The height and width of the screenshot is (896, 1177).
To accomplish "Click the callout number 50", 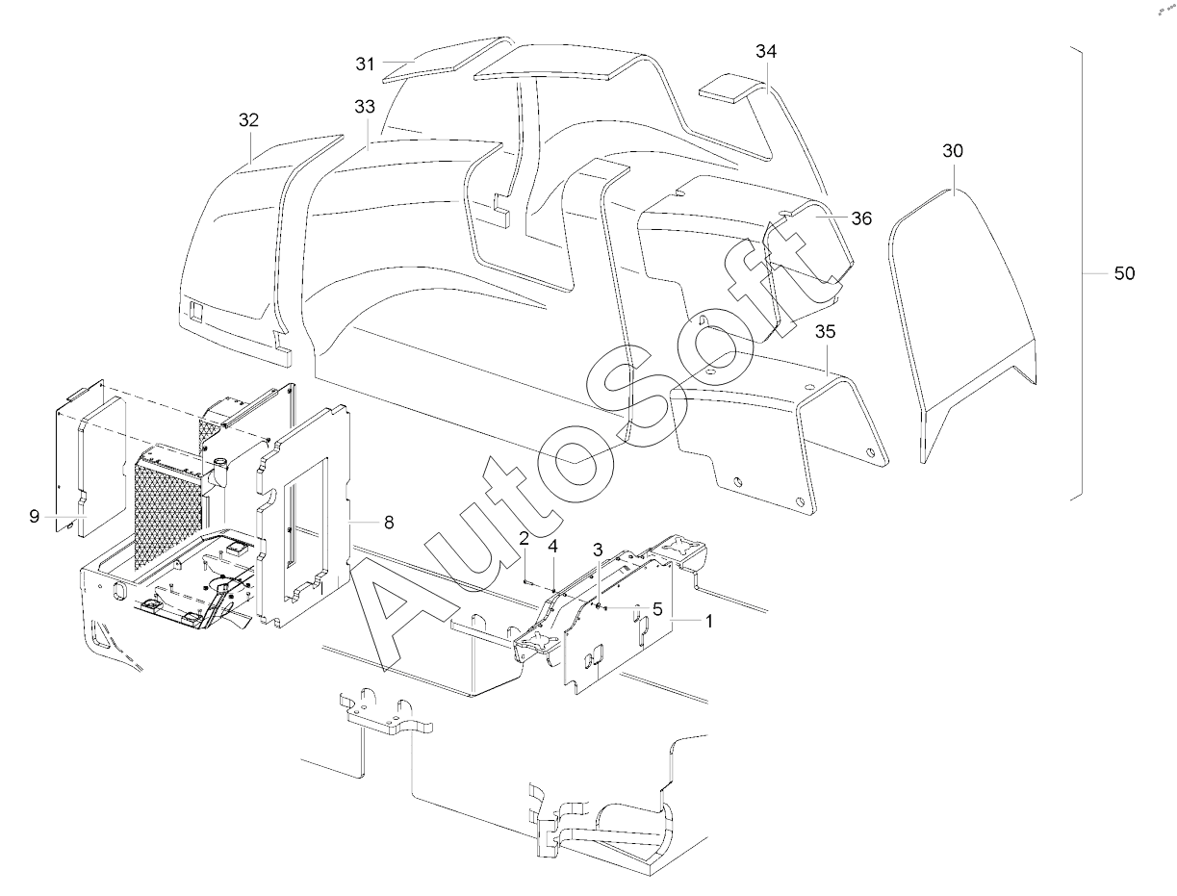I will click(x=1124, y=274).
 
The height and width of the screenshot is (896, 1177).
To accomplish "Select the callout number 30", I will click(x=953, y=152).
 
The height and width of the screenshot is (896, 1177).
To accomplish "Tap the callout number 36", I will click(x=860, y=218).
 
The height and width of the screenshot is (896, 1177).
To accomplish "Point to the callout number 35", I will click(x=825, y=333).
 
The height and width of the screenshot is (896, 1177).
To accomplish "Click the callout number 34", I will click(x=765, y=52).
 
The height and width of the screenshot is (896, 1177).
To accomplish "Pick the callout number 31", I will click(x=364, y=64).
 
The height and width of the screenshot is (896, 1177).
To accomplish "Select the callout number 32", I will click(x=249, y=120).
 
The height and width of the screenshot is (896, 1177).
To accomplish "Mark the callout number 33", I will click(x=364, y=108).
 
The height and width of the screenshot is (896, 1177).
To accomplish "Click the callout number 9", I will click(x=34, y=517).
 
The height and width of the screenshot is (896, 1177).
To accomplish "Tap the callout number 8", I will click(x=388, y=523).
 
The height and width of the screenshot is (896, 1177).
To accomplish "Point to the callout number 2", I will click(x=524, y=537).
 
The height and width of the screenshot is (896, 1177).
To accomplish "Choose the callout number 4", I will click(x=552, y=547).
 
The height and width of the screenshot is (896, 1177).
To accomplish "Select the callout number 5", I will click(x=657, y=608).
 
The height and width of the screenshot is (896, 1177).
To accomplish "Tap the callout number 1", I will click(x=709, y=622).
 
